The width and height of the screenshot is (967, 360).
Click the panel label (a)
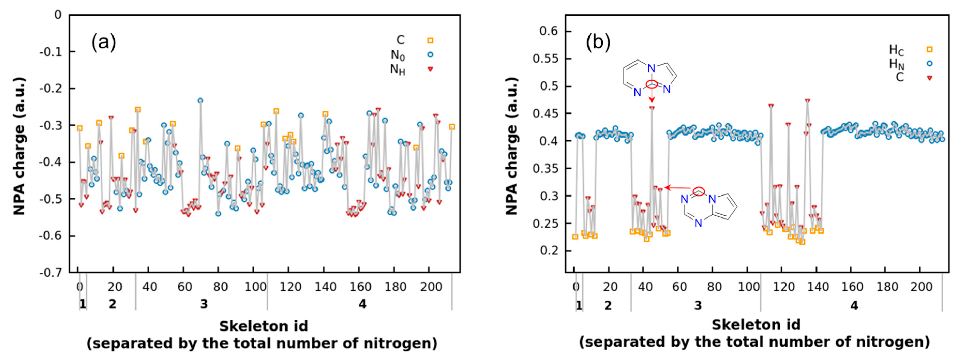(104, 42)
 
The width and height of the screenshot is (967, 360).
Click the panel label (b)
(598, 42)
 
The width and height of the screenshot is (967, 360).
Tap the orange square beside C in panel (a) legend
(430, 40)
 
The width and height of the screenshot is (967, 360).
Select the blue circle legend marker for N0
(430, 54)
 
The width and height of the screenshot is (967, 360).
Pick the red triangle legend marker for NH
(430, 69)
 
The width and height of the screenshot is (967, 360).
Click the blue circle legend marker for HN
(930, 63)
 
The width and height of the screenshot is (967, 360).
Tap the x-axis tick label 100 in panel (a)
(255, 287)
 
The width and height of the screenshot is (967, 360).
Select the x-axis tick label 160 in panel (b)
(852, 287)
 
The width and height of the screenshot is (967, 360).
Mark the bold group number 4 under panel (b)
(854, 305)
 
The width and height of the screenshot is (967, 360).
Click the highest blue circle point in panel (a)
(200, 101)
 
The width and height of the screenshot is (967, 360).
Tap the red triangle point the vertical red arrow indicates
(652, 108)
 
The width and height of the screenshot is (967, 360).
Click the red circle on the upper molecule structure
(652, 84)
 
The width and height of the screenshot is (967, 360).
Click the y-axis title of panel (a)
(19, 146)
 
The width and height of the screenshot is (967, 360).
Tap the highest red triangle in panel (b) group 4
(807, 101)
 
